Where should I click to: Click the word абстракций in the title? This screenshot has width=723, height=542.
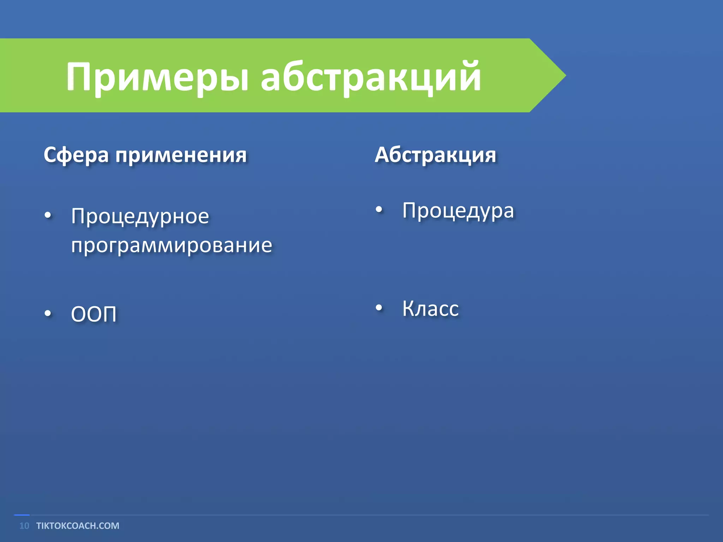371,77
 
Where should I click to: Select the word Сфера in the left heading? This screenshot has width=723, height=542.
76,155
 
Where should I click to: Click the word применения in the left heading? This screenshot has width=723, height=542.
181,155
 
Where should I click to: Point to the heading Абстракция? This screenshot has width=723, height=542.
435,155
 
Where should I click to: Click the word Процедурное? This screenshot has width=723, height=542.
140,216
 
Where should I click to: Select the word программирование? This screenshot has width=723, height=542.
172,245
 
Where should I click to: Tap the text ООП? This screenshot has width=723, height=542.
94,314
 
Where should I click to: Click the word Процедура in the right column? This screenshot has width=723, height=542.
458,211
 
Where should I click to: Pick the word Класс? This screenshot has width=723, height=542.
430,309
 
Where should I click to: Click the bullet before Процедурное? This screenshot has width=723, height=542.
48,215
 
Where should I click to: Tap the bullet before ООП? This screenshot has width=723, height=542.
48,313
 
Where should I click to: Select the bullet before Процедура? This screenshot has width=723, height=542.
379,210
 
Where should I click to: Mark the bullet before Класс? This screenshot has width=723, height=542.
379,308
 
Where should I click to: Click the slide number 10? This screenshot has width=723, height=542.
24,526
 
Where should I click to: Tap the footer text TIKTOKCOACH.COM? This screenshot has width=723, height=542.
78,526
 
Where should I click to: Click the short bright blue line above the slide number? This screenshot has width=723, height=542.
22,515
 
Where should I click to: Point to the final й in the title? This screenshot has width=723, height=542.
468,76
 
